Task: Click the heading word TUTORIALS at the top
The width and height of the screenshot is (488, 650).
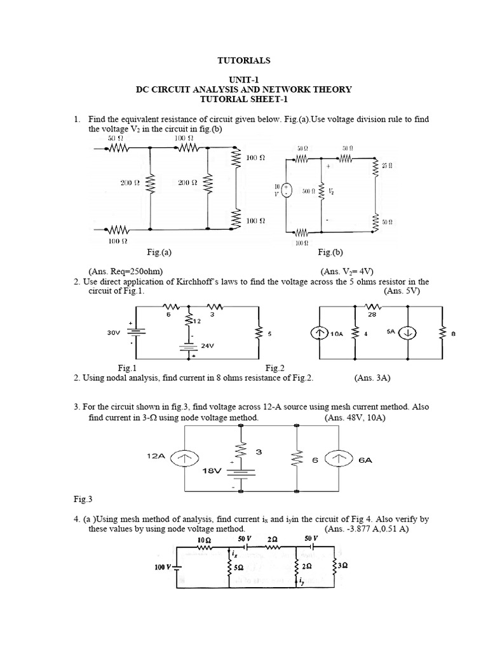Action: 244,60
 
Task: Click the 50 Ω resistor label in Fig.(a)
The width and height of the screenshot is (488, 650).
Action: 114,137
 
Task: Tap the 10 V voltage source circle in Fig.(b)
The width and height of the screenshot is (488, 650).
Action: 287,190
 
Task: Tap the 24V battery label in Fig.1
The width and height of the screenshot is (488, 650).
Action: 207,346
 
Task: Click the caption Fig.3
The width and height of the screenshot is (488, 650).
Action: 83,500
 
